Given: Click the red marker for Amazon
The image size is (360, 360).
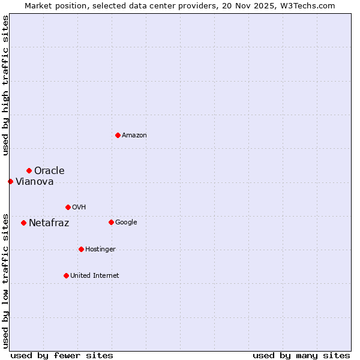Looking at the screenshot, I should [118, 135].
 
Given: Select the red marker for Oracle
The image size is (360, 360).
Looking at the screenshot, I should [29, 171].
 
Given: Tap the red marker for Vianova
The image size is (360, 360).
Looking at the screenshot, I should [10, 181].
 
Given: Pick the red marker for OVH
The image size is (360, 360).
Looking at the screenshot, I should [68, 207].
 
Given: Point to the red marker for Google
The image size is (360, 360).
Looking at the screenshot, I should [111, 222].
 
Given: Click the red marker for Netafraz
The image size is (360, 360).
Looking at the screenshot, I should [23, 223].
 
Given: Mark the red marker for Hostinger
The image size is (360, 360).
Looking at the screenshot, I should [81, 249].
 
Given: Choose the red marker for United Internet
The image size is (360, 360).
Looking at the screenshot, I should [66, 275].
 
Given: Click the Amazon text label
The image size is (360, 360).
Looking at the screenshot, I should [134, 136].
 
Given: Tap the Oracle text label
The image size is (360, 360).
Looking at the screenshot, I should [49, 171].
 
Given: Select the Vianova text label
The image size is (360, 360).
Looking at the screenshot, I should [34, 182].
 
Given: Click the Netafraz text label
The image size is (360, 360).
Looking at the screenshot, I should [49, 223].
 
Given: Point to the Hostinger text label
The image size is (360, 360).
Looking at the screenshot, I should [100, 250].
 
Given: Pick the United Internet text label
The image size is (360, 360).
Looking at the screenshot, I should [94, 276].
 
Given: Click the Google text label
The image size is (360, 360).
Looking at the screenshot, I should [126, 223].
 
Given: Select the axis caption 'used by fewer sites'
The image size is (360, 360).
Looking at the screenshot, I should [62, 355].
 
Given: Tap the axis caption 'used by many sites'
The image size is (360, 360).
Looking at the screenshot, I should [301, 355].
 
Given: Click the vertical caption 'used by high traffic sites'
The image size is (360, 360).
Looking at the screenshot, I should [5, 86].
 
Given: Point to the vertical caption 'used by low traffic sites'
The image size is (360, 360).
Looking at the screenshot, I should [5, 280].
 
